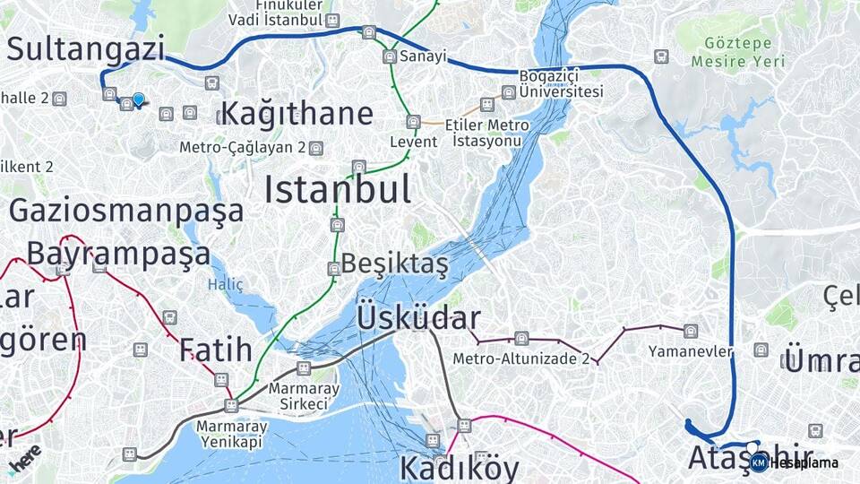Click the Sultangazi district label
tap(87, 48)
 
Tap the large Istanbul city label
tap(338, 190)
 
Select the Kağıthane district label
tap(297, 115)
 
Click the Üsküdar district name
tap(419, 318)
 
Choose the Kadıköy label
tap(459, 468)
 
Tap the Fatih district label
tap(215, 350)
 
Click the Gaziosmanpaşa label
tap(126, 211)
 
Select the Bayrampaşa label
tap(118, 254)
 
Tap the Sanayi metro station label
tap(423, 56)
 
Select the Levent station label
tap(414, 142)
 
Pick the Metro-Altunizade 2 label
tap(521, 359)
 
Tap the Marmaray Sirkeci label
tap(303, 396)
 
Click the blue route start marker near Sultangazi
tap(139, 99)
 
